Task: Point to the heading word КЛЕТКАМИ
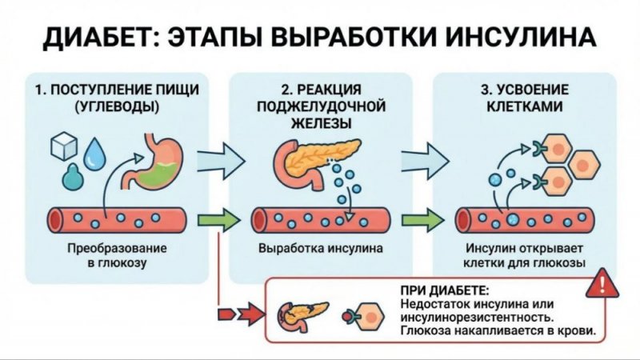(523, 106)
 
